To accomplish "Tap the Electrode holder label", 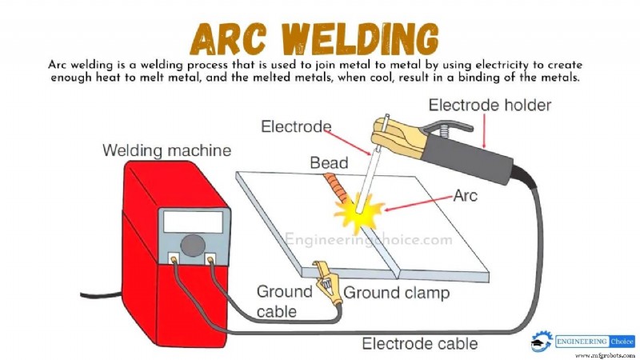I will [490, 105].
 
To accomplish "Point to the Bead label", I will [329, 163].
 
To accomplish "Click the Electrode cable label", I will [420, 345].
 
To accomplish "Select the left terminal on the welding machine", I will [174, 259].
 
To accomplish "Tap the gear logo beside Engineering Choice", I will [541, 341].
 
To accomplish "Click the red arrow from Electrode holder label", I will [483, 130].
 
